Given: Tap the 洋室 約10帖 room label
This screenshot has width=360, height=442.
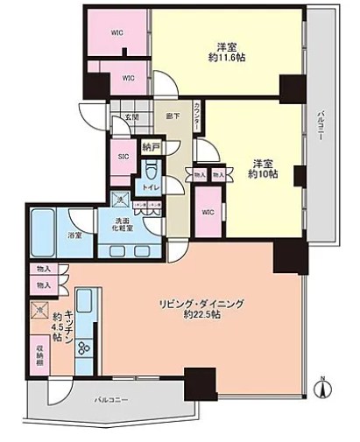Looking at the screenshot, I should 261,168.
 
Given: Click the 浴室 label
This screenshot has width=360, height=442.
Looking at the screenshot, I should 75,235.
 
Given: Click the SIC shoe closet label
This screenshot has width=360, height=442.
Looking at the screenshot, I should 124,158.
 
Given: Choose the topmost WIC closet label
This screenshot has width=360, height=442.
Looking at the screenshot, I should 116,33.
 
